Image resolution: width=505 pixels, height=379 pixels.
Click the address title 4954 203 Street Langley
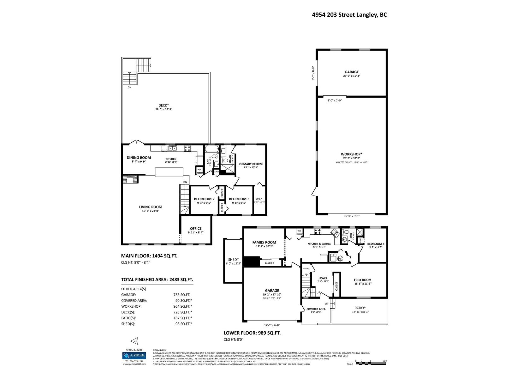[x=349, y=15]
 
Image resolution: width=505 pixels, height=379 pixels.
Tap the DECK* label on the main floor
[x=163, y=105]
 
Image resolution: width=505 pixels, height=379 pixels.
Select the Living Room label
[x=151, y=207]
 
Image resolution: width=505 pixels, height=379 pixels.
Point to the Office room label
[x=196, y=228]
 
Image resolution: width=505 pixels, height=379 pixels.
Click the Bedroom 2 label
[x=204, y=199]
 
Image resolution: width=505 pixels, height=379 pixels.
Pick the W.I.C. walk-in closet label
[x=259, y=199]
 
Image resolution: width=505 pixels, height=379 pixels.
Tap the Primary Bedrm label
[x=250, y=164]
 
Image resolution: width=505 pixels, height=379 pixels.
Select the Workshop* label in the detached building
[x=352, y=154]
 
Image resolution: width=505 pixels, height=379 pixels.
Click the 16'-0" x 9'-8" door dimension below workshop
[x=352, y=216]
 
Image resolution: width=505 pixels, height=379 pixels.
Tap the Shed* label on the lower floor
[x=233, y=259]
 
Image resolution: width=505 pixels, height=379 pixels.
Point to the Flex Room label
[x=362, y=280]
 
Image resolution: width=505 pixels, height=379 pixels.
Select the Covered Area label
[x=316, y=309]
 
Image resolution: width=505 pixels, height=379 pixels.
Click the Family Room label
[x=264, y=242]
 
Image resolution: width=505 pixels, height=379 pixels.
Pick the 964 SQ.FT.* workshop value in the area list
[x=182, y=306]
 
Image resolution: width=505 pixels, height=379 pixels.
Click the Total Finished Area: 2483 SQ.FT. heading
[x=157, y=280]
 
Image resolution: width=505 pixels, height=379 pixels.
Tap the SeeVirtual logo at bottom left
[x=134, y=356]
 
